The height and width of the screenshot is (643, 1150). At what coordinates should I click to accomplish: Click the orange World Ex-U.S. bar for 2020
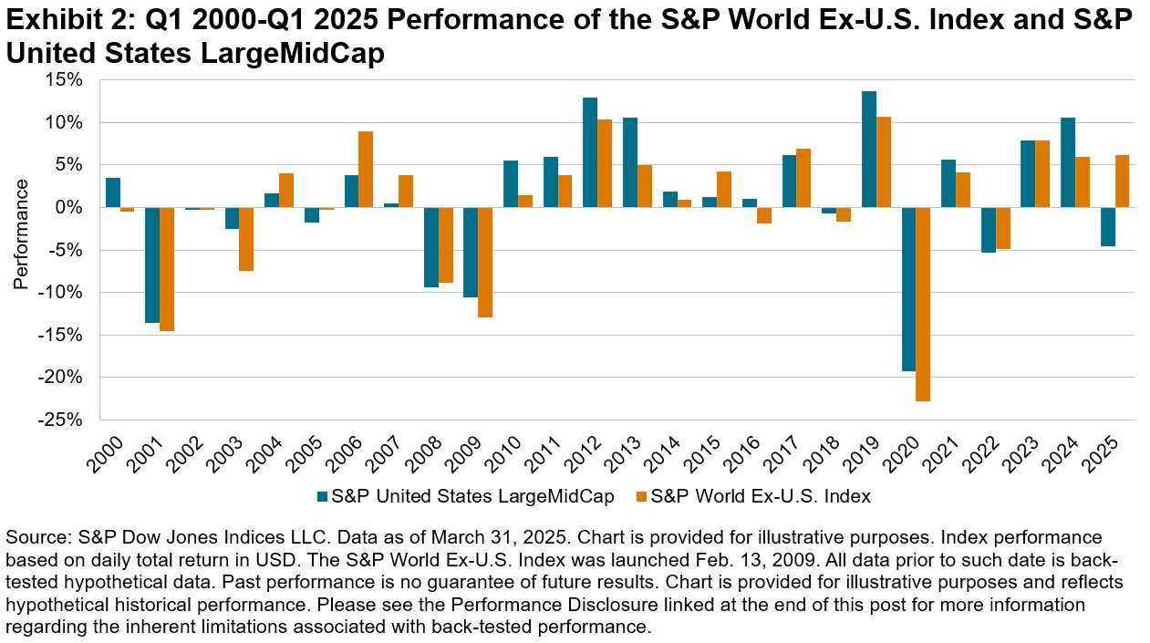(x=922, y=304)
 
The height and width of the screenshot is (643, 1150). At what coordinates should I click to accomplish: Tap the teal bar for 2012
(x=590, y=152)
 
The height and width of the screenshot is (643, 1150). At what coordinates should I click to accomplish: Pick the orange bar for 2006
(x=365, y=170)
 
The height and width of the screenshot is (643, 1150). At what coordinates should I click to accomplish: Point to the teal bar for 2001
(x=152, y=264)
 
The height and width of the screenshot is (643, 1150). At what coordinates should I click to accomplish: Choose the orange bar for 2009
(x=484, y=263)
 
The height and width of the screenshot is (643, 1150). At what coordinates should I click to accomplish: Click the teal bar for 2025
(x=1106, y=227)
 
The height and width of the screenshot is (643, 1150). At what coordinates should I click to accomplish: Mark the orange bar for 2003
(x=246, y=239)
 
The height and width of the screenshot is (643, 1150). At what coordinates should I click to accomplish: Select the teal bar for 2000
(x=113, y=192)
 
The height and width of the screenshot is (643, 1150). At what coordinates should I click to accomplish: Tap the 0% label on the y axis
(x=71, y=207)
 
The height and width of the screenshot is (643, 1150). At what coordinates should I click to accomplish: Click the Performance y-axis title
(x=21, y=234)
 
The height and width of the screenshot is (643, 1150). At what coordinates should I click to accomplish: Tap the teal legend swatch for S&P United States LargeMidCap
(x=322, y=497)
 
